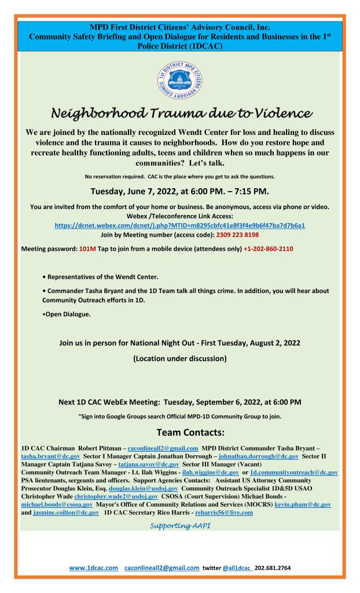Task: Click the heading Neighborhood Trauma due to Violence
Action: (x=180, y=111)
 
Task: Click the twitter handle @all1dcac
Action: (x=229, y=568)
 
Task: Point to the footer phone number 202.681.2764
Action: (x=273, y=568)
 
